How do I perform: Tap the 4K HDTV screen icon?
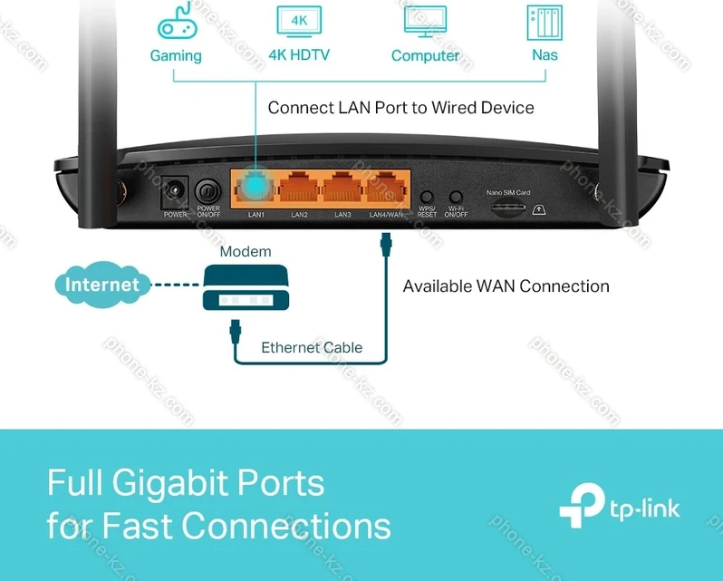pos(298,21)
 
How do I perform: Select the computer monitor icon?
pos(424,22)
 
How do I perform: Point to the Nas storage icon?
pos(544,22)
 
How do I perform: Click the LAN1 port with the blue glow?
pos(255,189)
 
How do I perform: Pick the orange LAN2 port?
pos(299,189)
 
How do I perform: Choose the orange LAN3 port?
pos(342,189)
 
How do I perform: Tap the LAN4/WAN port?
pos(387,189)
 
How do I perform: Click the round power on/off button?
pos(208,191)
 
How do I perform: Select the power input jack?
pos(174,192)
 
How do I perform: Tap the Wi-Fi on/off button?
pos(456,197)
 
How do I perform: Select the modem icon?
pos(245,287)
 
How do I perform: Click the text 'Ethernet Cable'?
pos(312,347)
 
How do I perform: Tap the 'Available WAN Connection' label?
pos(506,286)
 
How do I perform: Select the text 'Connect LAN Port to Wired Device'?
pos(400,108)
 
